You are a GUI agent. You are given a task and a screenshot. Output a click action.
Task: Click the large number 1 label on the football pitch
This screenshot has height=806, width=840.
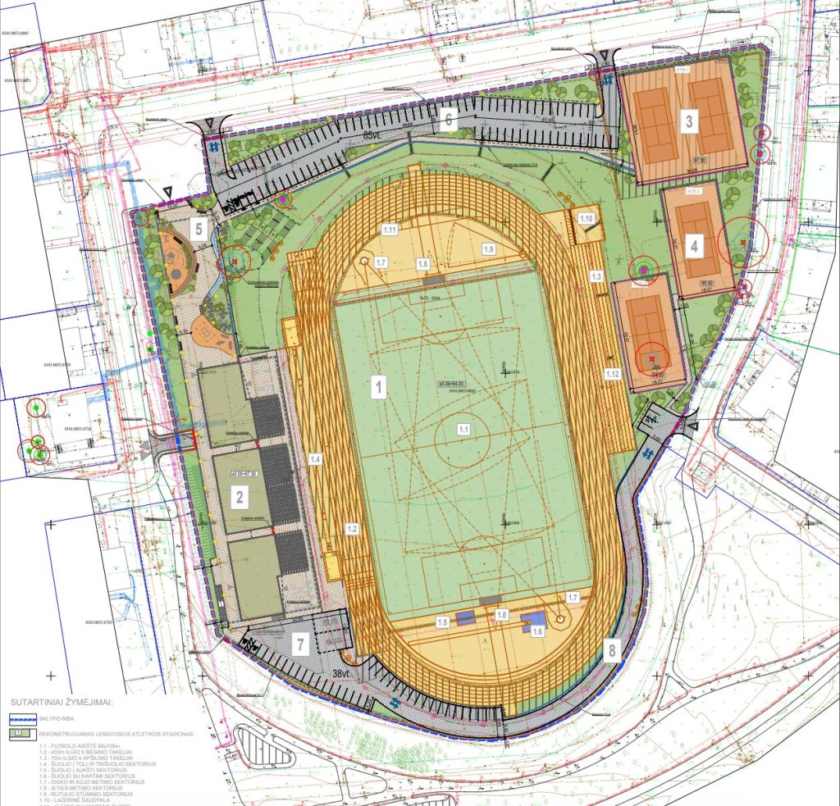pos(378,385)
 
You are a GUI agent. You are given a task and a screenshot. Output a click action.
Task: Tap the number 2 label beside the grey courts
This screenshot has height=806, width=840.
pos(240,496)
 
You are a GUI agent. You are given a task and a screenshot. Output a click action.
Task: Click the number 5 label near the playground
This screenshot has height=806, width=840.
pos(198,228)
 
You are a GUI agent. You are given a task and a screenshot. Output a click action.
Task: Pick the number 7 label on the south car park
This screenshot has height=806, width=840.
pos(301,644)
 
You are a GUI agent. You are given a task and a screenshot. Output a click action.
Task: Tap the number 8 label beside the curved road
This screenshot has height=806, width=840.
pos(612,651)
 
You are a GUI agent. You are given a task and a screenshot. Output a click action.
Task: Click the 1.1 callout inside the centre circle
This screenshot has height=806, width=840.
pos(463,428)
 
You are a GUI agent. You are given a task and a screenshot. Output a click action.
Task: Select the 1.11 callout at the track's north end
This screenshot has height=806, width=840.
pos(390,230)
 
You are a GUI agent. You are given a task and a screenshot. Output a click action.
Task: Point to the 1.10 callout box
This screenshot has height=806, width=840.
pos(586,219)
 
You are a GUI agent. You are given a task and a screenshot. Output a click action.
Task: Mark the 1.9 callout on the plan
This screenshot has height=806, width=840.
pos(489,248)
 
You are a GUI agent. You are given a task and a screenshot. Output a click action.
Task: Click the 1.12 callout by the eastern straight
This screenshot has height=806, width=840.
pos(611,374)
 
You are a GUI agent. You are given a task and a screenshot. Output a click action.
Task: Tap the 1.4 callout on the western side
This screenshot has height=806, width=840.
pos(315,460)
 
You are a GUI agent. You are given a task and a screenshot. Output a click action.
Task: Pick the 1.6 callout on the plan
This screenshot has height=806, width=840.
pos(538,631)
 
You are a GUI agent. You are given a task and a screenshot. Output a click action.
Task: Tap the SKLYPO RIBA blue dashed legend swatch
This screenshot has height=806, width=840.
pos(21,718)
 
